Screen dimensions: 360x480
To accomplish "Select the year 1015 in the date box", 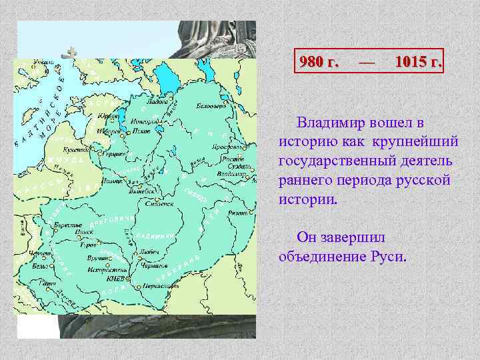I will pos(417,62).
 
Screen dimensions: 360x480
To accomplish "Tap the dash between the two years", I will pos(367,62).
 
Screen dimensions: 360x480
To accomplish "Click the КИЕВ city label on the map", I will pos(116,279).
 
